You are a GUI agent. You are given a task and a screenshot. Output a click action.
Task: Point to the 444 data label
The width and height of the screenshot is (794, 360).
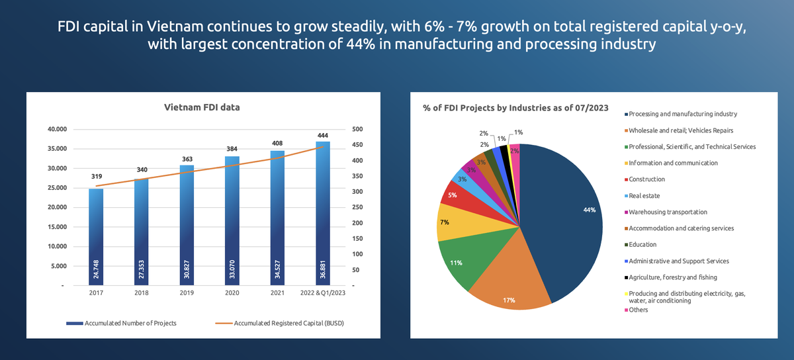coord(323,136)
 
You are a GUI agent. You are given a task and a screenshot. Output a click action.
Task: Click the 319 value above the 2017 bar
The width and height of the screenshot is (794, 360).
coord(97,177)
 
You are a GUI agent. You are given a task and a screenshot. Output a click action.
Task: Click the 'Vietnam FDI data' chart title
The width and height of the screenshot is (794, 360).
coord(202,107)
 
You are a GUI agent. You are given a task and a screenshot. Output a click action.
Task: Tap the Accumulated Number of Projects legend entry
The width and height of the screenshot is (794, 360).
coord(121,324)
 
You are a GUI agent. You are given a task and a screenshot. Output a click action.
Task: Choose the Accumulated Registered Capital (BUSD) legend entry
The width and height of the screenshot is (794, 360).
coord(281,324)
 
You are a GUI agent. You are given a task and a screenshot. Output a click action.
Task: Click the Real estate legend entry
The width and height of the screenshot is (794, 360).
coord(644,196)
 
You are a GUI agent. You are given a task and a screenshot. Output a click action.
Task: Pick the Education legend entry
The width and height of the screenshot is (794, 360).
coord(642,245)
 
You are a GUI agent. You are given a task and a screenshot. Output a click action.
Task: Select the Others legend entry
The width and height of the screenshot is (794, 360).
coord(639,310)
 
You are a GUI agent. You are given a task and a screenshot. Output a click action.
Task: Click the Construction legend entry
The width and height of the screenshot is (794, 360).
coord(646,179)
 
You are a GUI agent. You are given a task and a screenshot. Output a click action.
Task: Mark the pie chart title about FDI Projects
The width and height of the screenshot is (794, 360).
coord(515,108)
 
